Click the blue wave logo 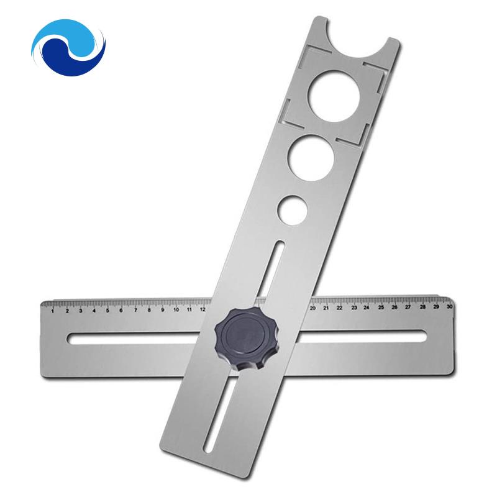(x=68, y=47)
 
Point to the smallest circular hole (x=293, y=209)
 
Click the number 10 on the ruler (x=176, y=309)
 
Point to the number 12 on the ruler (x=203, y=309)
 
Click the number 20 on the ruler (x=312, y=308)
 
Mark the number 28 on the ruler (x=422, y=306)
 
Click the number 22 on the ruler (x=340, y=308)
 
